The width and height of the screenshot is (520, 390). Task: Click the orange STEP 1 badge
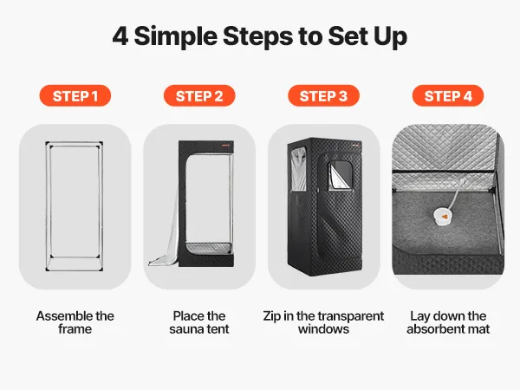coord(75,96)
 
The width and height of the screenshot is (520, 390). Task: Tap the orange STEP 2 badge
coord(199,96)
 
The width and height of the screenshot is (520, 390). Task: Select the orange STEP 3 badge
coord(323,96)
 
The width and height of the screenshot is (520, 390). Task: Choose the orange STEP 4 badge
coord(448,96)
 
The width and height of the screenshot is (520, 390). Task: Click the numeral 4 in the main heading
coord(120,36)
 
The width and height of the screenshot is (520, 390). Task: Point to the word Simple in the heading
coord(176,37)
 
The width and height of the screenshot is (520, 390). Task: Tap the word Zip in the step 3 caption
coord(271,316)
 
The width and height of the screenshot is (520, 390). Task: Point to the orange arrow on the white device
coord(445,217)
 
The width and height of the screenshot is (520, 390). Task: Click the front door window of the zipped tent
coord(340,176)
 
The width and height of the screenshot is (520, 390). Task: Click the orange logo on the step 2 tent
coord(226,145)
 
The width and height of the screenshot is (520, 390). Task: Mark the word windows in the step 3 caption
coord(323,329)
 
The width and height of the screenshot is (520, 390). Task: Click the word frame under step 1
coord(75,329)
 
